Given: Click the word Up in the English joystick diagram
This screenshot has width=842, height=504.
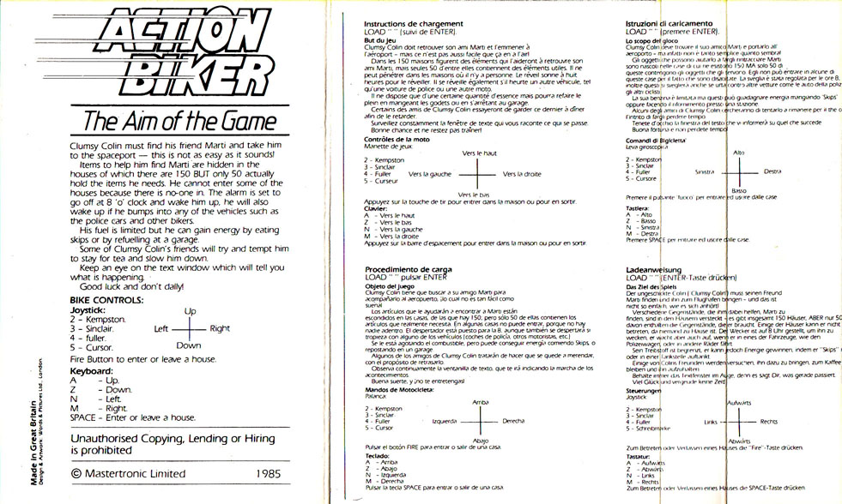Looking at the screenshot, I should click(191, 310).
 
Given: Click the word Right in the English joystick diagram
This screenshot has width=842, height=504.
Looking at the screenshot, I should click(220, 328).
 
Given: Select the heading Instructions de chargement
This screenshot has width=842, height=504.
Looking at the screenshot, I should click(414, 24).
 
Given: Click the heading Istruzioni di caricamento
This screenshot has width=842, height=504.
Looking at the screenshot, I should click(669, 24).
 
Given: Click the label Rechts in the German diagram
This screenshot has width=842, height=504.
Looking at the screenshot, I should click(769, 422).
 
